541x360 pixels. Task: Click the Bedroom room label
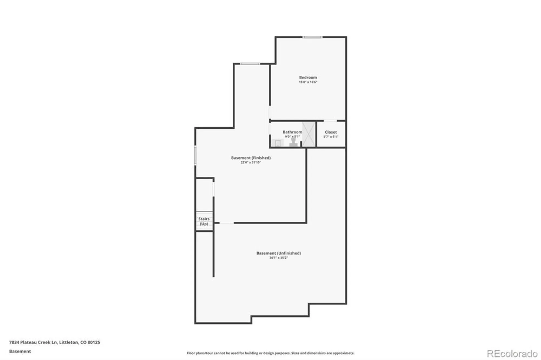coord(308,78)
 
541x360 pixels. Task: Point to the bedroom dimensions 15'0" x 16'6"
coord(308,82)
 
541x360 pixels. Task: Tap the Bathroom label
coord(292,132)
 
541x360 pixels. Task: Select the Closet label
coord(331,132)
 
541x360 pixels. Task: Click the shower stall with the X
coord(309,134)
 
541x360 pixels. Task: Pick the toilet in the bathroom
coord(293,143)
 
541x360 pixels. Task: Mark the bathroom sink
coord(278,143)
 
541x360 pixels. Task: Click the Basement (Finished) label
coord(251,158)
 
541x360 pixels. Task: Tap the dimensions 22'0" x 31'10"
coord(251,162)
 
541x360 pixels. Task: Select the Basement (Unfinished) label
coord(279,253)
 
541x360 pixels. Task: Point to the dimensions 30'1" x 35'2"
coord(279,258)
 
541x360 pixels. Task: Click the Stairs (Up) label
coord(204,221)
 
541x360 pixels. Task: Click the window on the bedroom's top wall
coord(312,37)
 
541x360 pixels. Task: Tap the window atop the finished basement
coord(250,64)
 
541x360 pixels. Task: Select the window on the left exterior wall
coord(195,156)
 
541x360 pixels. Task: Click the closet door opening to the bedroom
coord(330,121)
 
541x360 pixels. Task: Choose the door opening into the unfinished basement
coord(226,223)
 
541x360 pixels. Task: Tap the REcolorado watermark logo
coord(512,354)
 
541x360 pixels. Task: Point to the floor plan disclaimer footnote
coord(270,353)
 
